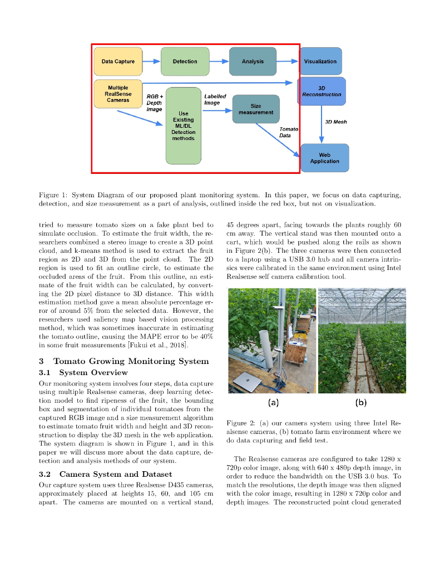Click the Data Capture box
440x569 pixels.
[118, 61]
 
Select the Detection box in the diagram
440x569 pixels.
[185, 61]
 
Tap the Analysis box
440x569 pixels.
[253, 61]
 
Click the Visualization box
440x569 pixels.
[320, 61]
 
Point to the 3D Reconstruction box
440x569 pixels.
[322, 91]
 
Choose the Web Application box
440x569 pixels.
[325, 158]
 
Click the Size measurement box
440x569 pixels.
[256, 108]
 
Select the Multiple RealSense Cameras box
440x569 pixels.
[118, 94]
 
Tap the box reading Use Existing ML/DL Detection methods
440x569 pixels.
[184, 126]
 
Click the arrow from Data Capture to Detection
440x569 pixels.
[151, 61]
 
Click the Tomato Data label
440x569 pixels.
[288, 132]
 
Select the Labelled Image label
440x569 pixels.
[215, 99]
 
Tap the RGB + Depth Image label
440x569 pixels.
[154, 103]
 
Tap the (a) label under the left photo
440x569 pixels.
[274, 401]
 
